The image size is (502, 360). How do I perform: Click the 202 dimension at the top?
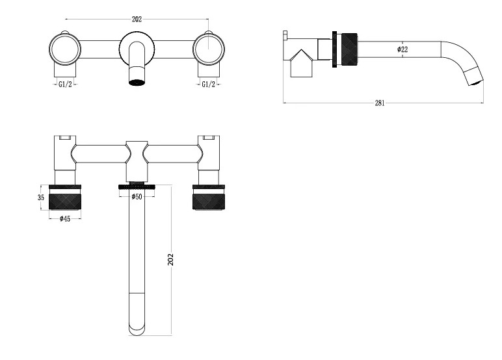coord(137,19)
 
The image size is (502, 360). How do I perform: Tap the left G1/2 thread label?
coord(65,84)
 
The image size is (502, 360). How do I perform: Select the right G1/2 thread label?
coord(209,84)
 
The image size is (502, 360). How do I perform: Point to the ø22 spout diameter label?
coord(403,49)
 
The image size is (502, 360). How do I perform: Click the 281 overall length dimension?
coord(380,103)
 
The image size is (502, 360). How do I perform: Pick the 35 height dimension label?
coord(41,198)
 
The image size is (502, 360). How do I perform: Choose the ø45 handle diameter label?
coord(65,219)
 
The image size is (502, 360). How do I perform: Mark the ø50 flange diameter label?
coord(137,196)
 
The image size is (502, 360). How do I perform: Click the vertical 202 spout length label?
coord(170,259)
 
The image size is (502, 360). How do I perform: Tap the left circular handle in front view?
coord(65,49)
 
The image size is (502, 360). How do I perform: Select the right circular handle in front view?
coord(209,49)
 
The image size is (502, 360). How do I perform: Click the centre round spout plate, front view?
coord(137,49)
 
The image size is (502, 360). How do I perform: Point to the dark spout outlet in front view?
coord(137,82)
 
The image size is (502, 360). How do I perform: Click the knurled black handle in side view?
coord(349,49)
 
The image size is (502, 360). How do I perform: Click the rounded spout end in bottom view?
coord(137,329)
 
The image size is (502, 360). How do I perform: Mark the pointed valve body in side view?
coord(301,64)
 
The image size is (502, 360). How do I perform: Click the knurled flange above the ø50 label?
coord(137,186)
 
